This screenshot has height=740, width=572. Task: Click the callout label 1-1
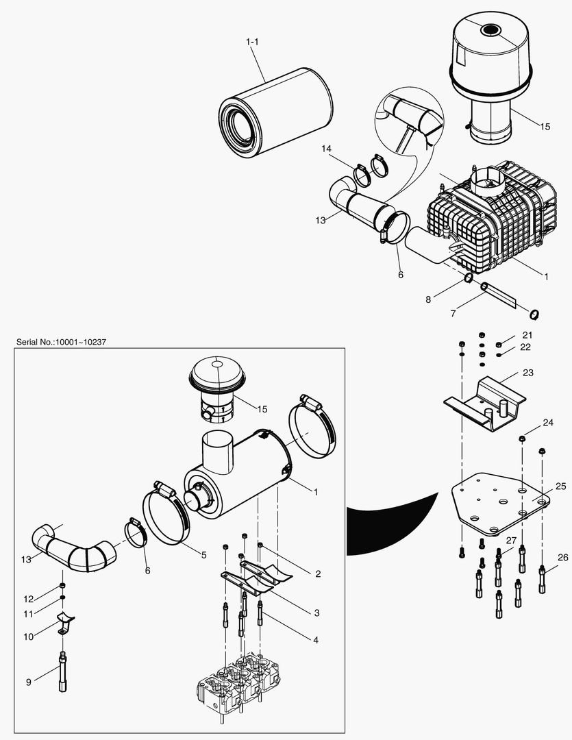pyautogui.click(x=252, y=42)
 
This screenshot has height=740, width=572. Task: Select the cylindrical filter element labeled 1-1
pyautogui.click(x=274, y=116)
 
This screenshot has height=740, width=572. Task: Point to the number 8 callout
pyautogui.click(x=429, y=299)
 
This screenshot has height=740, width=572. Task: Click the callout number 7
pyautogui.click(x=453, y=313)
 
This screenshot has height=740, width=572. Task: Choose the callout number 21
pyautogui.click(x=527, y=334)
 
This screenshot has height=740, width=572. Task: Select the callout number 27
pyautogui.click(x=510, y=541)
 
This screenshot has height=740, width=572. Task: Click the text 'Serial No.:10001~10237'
pyautogui.click(x=60, y=341)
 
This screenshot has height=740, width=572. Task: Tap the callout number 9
pyautogui.click(x=28, y=682)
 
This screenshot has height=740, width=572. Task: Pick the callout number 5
pyautogui.click(x=203, y=555)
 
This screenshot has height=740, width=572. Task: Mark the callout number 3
pyautogui.click(x=317, y=612)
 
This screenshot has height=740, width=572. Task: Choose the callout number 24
pyautogui.click(x=547, y=423)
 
